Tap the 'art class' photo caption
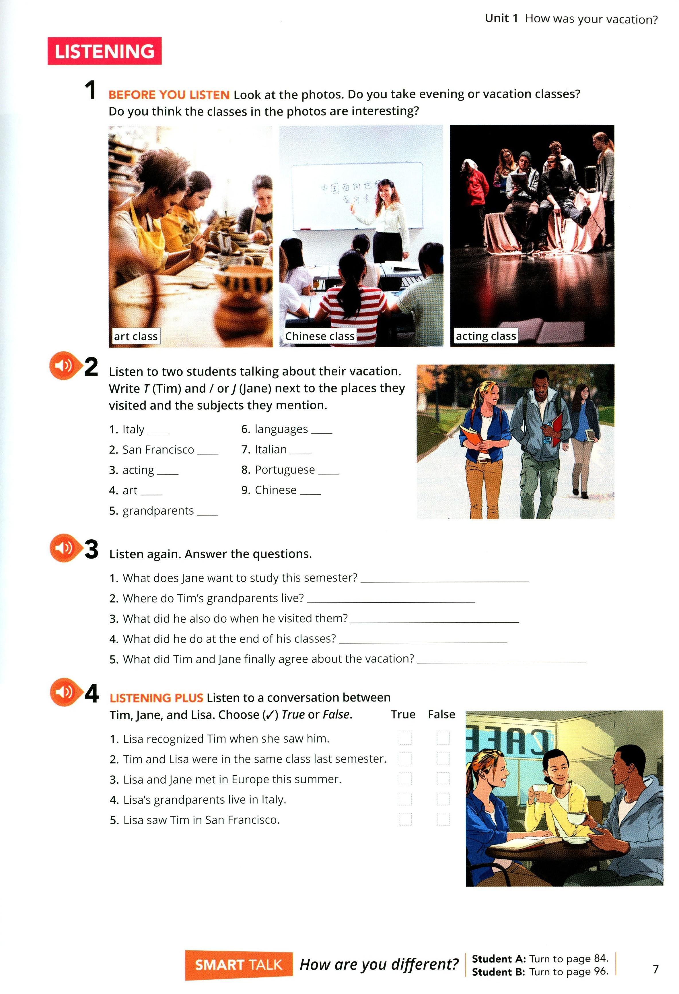[136, 336]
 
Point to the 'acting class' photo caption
[486, 336]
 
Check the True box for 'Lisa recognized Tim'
[405, 738]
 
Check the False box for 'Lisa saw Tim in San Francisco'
[443, 819]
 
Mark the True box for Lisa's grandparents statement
[405, 799]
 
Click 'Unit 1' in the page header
[501, 18]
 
